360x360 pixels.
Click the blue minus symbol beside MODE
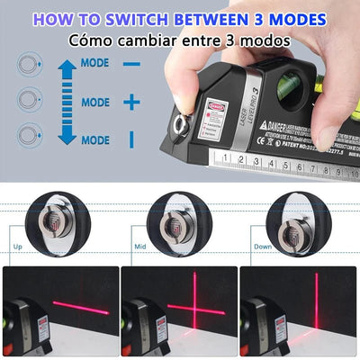coord(131,65)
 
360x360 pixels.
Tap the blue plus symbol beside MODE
coord(131,102)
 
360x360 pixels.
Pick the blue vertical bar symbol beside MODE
coord(131,139)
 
